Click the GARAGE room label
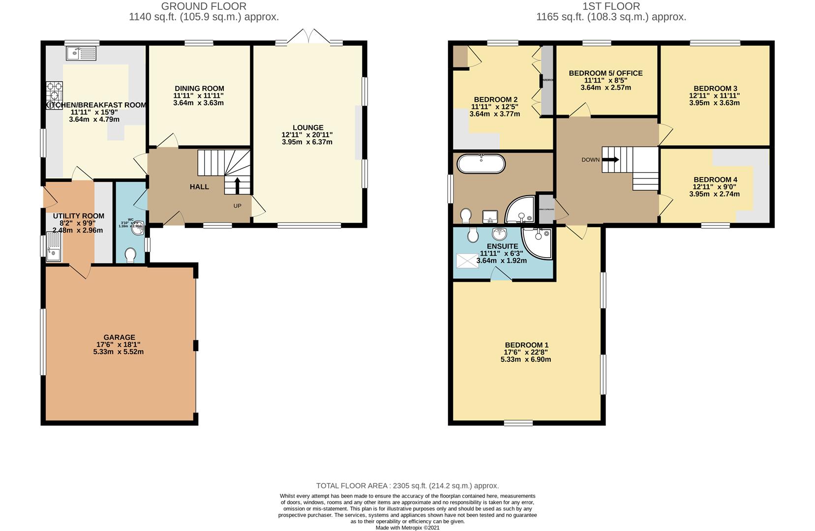tap(119, 337)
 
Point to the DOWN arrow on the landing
tap(610, 159)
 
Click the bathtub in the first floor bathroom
tap(481, 164)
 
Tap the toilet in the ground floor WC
tap(130, 255)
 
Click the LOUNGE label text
tap(308, 127)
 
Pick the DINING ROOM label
tap(199, 88)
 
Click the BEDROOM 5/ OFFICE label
tap(605, 73)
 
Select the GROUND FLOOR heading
tap(204, 6)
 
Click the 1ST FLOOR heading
tap(611, 6)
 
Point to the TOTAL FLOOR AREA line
tap(407, 485)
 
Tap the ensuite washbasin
tap(499, 233)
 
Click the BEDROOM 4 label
tap(715, 179)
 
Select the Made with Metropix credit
tap(407, 528)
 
